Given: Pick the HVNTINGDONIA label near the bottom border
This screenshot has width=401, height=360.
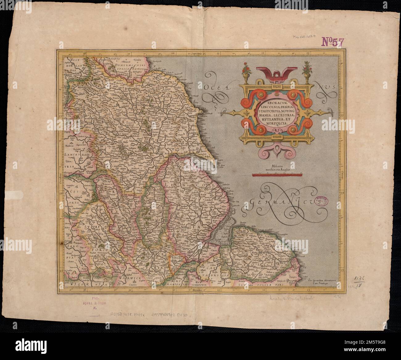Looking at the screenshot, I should (x=201, y=283).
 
